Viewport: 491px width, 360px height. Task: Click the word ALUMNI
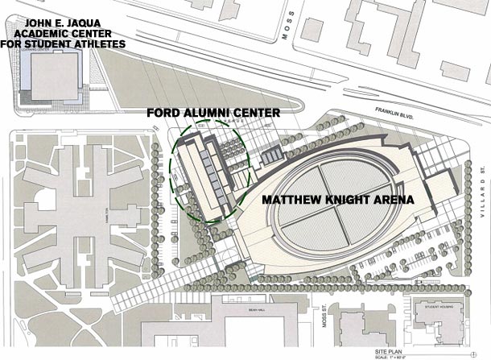(208, 114)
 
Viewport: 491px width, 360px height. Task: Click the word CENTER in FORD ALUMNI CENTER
(257, 114)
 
